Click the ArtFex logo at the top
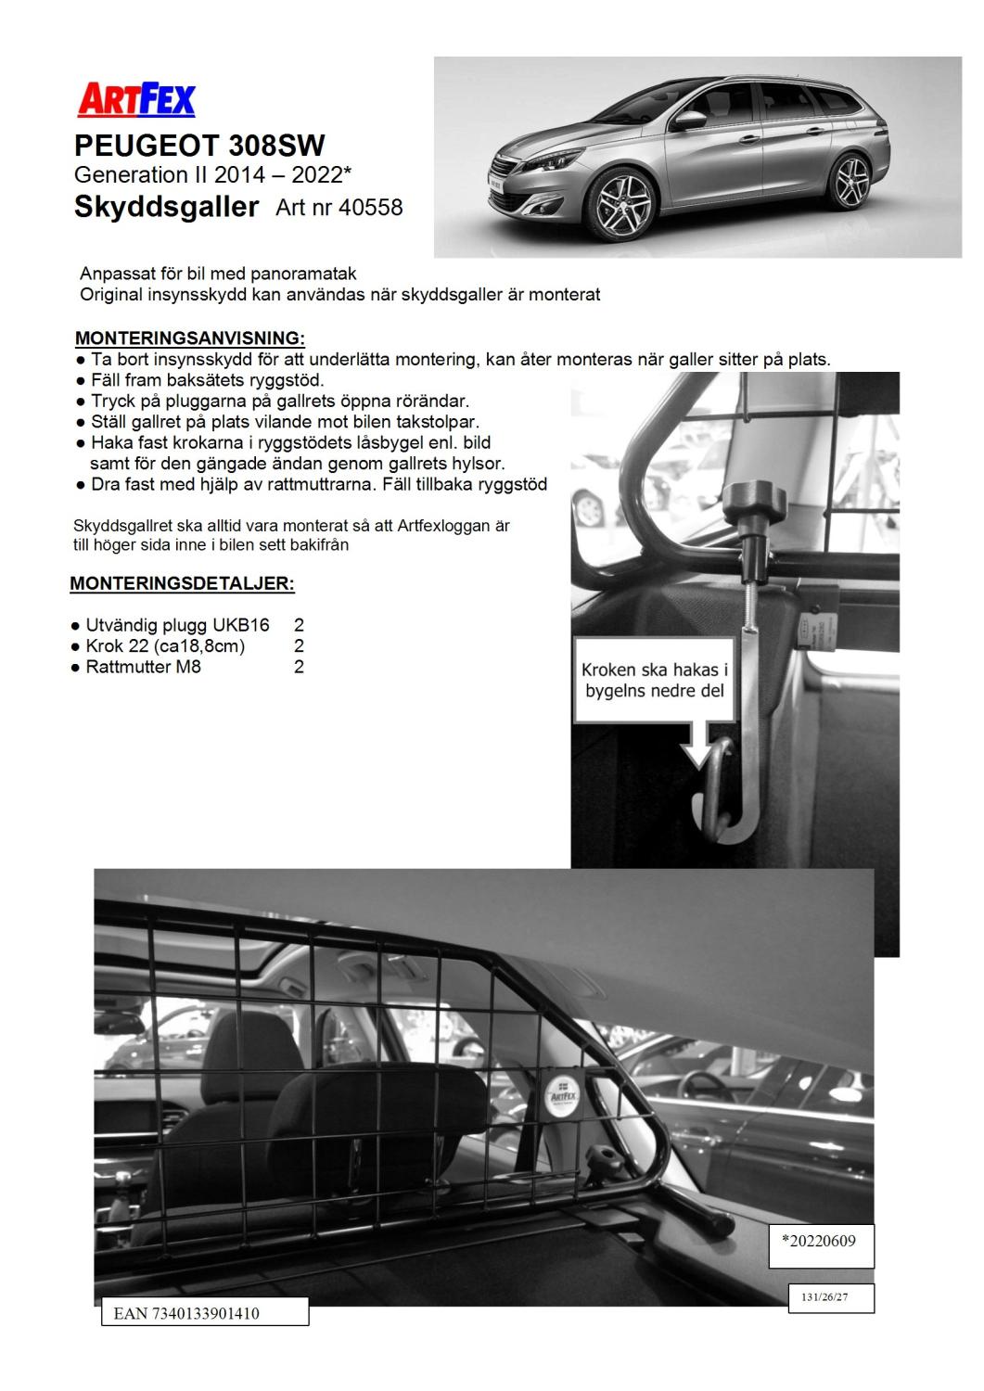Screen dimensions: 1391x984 pyautogui.click(x=136, y=98)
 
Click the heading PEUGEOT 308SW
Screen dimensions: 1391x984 pyautogui.click(x=199, y=146)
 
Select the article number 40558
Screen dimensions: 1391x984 pyautogui.click(x=371, y=207)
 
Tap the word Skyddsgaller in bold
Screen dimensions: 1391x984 pyautogui.click(x=166, y=207)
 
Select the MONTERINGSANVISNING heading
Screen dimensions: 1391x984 pyautogui.click(x=189, y=338)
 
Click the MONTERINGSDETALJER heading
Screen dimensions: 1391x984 pyautogui.click(x=183, y=584)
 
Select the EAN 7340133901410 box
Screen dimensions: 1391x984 pyautogui.click(x=204, y=1313)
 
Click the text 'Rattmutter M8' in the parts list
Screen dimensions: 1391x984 pyautogui.click(x=144, y=667)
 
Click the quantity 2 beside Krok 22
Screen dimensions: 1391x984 pyautogui.click(x=299, y=646)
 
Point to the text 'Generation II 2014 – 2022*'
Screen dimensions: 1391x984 pyautogui.click(x=212, y=174)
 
